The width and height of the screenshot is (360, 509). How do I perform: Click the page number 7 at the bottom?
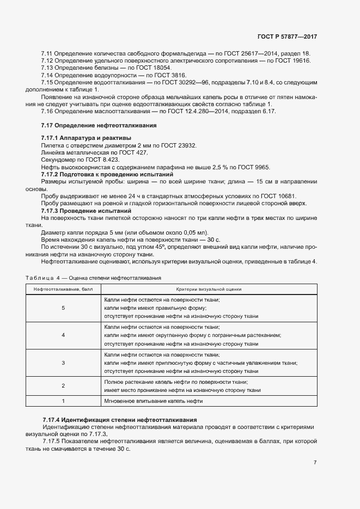(315, 463)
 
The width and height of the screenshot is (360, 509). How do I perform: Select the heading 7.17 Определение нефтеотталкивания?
(99, 125)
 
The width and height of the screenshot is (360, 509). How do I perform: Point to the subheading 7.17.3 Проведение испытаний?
(86, 211)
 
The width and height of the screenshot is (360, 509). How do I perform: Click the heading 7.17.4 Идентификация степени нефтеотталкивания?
(120, 420)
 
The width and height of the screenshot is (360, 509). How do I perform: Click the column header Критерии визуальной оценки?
(209, 289)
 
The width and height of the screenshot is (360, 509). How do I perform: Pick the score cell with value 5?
(63, 308)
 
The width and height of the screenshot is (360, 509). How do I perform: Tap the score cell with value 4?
(63, 335)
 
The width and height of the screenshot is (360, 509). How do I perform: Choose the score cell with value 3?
(63, 363)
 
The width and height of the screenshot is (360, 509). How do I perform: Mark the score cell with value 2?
(63, 386)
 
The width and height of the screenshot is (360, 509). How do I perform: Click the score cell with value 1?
(63, 401)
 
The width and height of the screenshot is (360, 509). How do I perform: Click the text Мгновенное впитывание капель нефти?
(153, 401)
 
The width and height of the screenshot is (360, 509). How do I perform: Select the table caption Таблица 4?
(44, 278)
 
